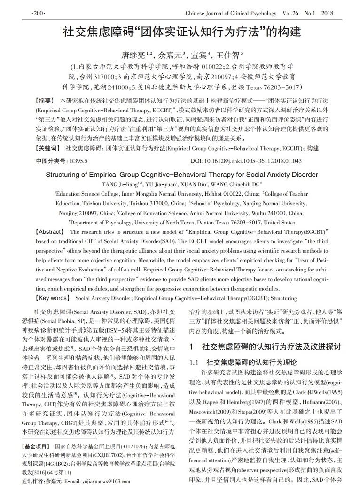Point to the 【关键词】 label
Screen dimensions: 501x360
[48, 148]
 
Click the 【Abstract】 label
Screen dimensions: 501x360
[49, 232]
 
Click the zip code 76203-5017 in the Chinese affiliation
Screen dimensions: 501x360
[282, 87]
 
